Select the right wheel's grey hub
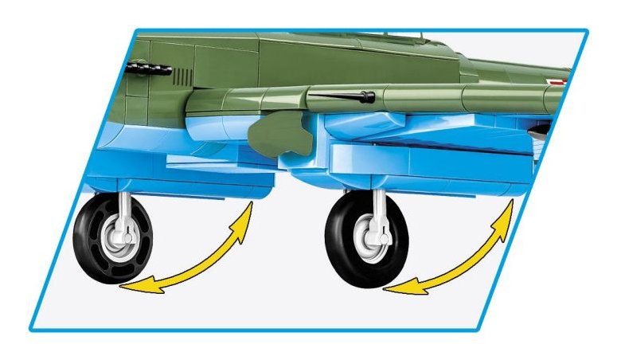pyautogui.click(x=373, y=235)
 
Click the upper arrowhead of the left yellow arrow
pyautogui.click(x=248, y=209)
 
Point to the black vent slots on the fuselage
pyautogui.click(x=184, y=76)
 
